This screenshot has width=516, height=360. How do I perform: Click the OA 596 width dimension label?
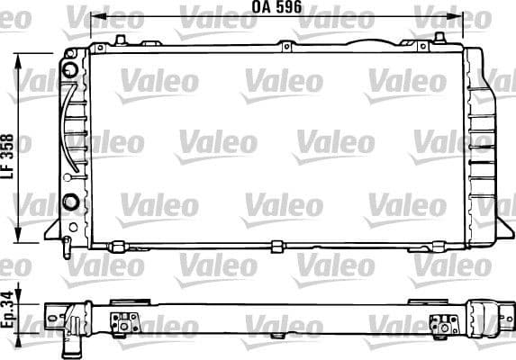275,7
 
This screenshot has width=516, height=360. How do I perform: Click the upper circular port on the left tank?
70,69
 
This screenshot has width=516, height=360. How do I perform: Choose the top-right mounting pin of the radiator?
439,37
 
